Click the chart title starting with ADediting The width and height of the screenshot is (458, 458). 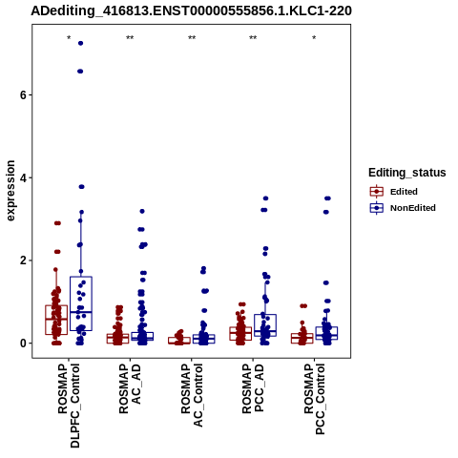[191, 11]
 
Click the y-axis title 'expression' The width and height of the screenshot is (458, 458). [10, 191]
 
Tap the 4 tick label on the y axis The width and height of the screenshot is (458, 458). [23, 177]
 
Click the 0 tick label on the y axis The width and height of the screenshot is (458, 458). [23, 343]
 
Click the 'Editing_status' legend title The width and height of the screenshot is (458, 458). [407, 173]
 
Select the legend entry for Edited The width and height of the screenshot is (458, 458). [394, 192]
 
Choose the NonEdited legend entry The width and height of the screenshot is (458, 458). [403, 208]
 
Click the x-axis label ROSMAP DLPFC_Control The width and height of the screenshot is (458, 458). [69, 406]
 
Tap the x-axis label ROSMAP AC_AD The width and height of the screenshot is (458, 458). [130, 388]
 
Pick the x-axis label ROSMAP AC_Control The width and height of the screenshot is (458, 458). [192, 395]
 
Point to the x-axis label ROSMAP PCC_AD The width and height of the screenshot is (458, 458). [253, 388]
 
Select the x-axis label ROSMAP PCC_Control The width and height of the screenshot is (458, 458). [314, 399]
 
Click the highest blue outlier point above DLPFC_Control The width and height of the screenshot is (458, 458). [80, 43]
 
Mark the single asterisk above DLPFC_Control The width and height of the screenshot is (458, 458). [69, 38]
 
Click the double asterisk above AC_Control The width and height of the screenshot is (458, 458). [192, 38]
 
